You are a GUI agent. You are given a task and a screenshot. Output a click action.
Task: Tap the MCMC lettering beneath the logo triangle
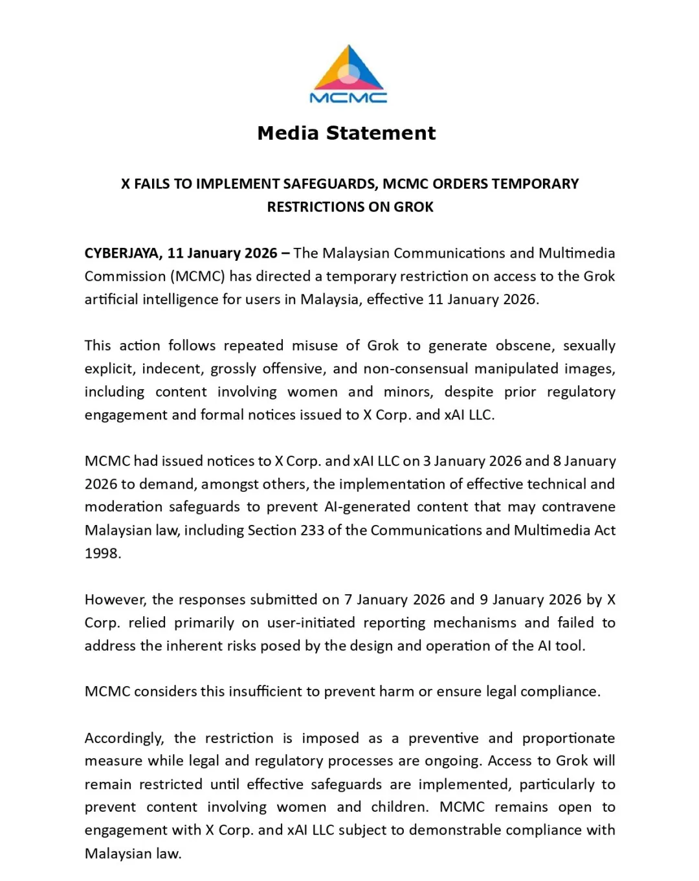(348, 98)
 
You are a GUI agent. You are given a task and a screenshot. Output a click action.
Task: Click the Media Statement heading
(346, 133)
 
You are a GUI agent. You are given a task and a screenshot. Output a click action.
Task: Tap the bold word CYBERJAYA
(122, 253)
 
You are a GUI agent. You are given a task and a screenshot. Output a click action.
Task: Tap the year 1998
(102, 553)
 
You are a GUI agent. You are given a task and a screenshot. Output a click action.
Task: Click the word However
(116, 600)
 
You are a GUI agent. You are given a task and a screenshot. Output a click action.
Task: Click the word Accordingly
(124, 739)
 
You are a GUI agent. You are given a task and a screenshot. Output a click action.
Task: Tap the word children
(399, 807)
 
